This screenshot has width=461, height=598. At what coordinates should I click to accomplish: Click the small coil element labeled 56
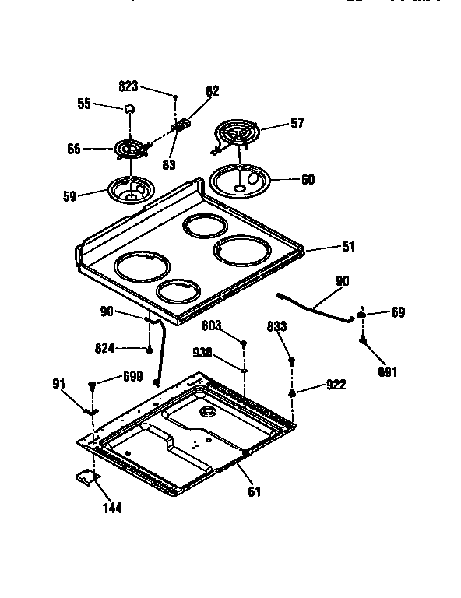(x=132, y=148)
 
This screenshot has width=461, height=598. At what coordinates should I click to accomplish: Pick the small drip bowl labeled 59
(x=129, y=189)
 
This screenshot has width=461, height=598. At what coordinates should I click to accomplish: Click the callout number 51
(x=347, y=247)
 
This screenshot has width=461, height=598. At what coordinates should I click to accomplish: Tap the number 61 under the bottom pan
(x=254, y=491)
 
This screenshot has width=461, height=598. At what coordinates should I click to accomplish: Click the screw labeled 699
(x=93, y=385)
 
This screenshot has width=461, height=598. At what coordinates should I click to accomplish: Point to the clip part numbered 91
(x=90, y=410)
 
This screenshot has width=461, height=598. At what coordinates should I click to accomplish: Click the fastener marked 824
(x=148, y=350)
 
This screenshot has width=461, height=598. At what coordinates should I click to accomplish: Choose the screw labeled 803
(x=244, y=344)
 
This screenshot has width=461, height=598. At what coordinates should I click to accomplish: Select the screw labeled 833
(x=292, y=361)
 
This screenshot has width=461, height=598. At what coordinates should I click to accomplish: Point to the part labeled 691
(x=363, y=339)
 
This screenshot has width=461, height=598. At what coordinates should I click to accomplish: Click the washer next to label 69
(x=363, y=315)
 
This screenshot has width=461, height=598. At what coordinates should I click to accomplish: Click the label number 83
(x=168, y=165)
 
